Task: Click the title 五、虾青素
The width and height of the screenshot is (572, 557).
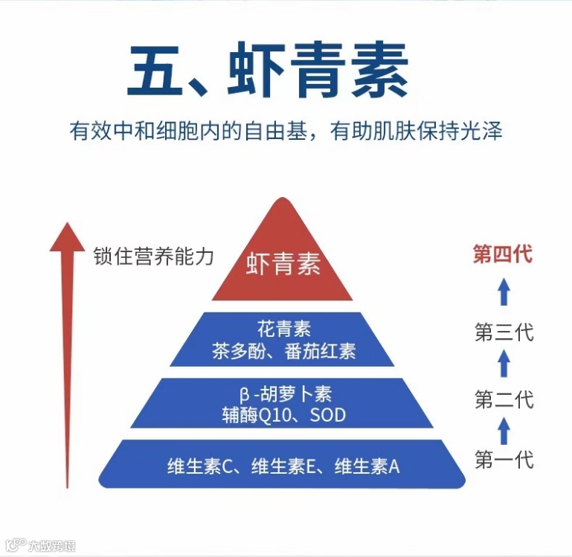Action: (x=268, y=72)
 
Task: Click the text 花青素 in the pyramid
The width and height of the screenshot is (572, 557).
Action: (x=282, y=328)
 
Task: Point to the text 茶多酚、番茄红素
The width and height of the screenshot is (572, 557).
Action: (x=283, y=351)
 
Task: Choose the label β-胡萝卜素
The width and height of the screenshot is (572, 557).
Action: (x=283, y=392)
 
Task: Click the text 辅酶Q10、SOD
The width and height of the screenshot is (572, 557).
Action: (x=283, y=414)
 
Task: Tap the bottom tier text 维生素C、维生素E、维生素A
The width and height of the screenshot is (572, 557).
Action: (x=283, y=466)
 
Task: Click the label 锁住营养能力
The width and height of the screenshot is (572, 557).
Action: (x=153, y=257)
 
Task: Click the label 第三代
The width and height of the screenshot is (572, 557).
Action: (x=504, y=332)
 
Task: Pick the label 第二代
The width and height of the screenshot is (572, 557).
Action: (x=504, y=399)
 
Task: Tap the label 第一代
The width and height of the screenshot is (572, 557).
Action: (x=504, y=459)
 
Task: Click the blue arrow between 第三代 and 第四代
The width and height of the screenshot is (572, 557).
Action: (x=504, y=292)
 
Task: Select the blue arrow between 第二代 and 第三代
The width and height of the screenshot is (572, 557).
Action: (x=504, y=364)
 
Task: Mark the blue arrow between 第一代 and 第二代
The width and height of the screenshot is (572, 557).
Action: (x=504, y=430)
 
